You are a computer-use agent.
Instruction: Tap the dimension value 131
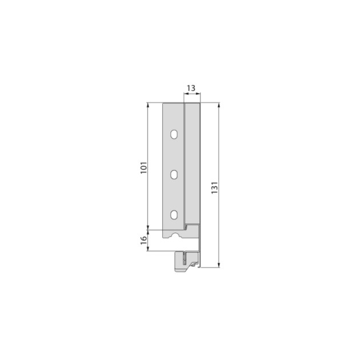coord(214,188)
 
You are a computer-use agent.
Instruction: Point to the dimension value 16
coord(144,239)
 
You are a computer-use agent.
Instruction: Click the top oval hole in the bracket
coord(174,135)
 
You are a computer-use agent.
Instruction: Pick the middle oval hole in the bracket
coord(174,175)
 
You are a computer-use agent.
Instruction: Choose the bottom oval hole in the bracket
coord(174,215)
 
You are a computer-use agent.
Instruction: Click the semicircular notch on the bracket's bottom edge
coord(173,235)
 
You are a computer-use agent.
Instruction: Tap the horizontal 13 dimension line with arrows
coord(191,95)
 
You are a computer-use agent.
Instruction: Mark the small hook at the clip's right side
coord(196,263)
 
